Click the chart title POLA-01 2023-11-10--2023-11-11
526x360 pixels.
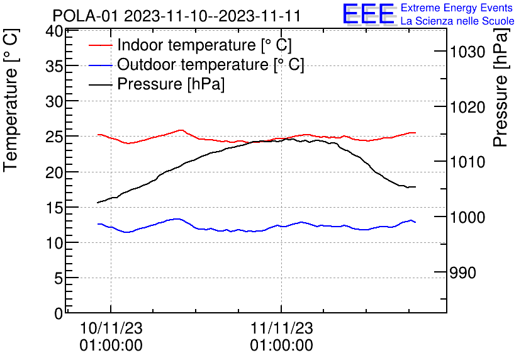(177, 15)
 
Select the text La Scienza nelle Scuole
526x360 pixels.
(457, 21)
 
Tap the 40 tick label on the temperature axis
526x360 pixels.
(55, 31)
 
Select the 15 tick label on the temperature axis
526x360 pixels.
(55, 207)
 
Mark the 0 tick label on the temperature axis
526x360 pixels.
(59, 312)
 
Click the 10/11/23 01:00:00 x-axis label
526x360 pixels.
(111, 337)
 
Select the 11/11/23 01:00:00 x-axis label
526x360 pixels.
(281, 337)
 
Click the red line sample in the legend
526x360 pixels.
(101, 45)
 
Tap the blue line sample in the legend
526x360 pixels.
(101, 65)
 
